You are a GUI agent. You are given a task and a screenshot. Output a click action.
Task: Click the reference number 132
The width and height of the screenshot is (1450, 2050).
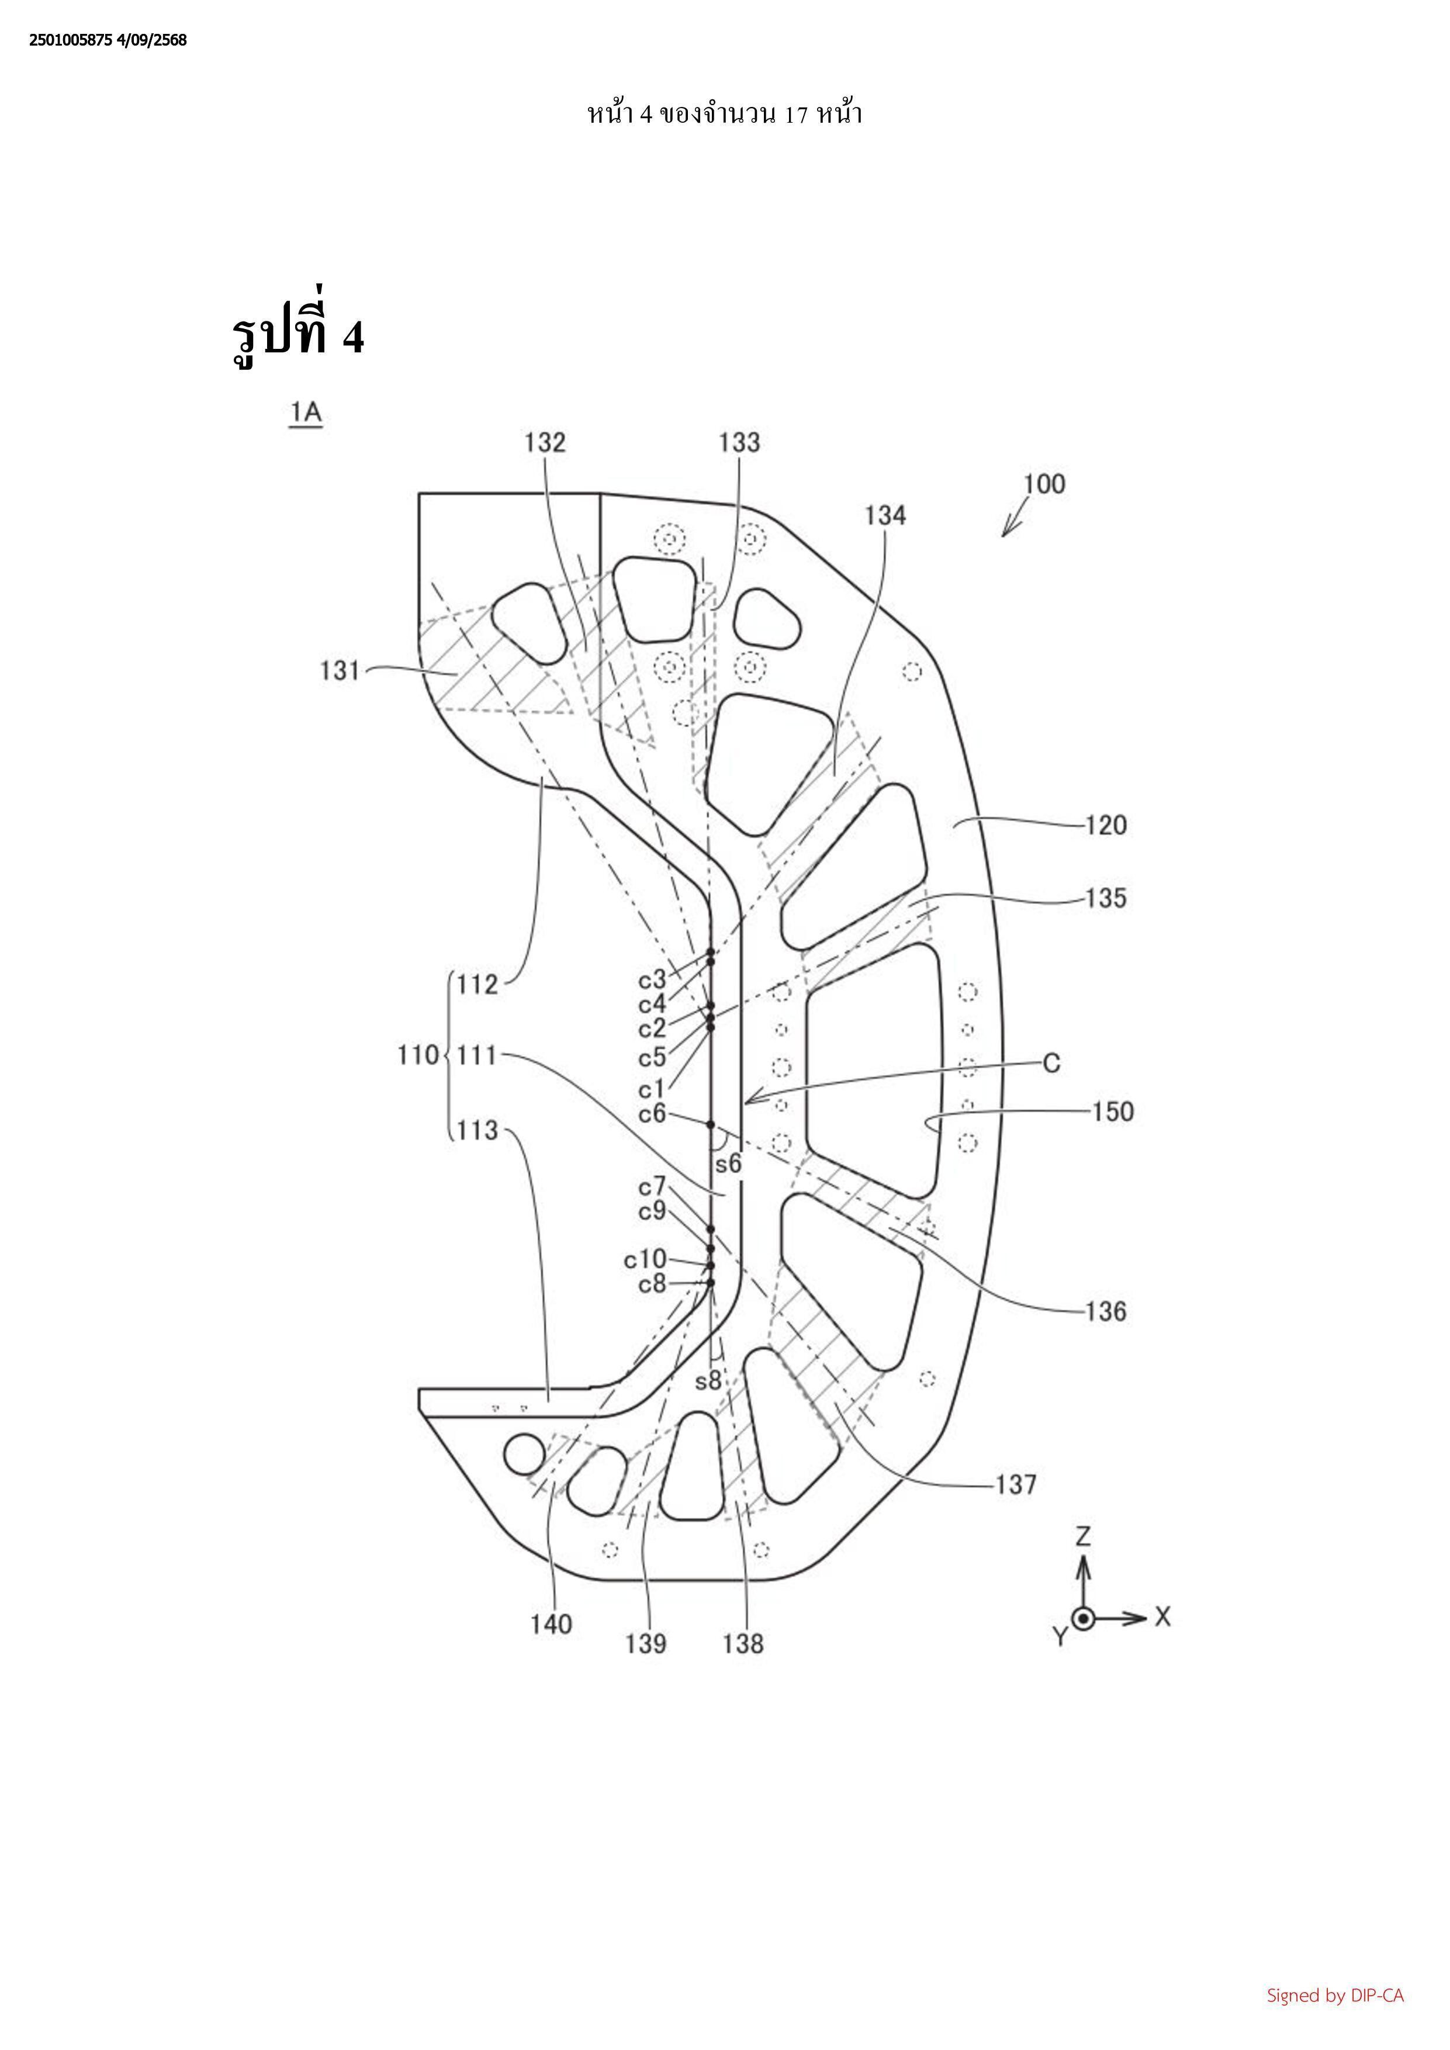(x=545, y=443)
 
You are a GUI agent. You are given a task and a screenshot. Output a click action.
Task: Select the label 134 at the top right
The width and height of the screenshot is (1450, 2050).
(x=885, y=515)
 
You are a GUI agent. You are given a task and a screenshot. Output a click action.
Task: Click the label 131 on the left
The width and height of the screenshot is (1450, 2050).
(x=340, y=670)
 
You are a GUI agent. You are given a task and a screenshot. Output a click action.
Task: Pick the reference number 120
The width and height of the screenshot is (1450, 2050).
(x=1106, y=825)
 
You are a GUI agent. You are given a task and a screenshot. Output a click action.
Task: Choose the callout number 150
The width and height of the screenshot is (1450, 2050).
(x=1113, y=1111)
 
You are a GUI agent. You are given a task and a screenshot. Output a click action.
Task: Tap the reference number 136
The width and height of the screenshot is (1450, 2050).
(x=1106, y=1311)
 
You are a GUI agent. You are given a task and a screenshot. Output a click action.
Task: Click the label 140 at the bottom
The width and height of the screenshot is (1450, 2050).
(x=551, y=1624)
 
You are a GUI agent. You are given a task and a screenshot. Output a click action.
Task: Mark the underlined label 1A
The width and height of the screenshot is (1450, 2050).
(x=305, y=413)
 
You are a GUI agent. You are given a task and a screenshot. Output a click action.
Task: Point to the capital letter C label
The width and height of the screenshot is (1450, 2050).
(x=1052, y=1064)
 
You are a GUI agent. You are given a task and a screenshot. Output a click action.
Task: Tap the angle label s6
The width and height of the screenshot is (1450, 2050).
(x=729, y=1164)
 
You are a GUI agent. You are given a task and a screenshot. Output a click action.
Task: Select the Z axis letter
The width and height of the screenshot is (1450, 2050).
(x=1083, y=1536)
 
